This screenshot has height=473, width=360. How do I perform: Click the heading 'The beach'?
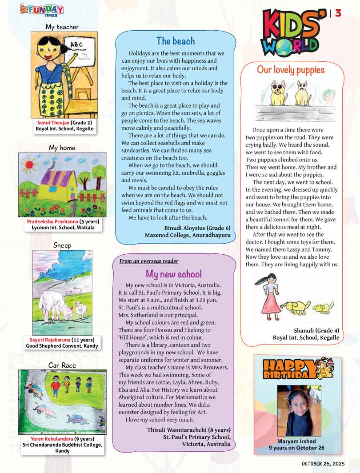pyautogui.click(x=176, y=41)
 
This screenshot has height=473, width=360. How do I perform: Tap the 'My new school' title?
pyautogui.click(x=174, y=274)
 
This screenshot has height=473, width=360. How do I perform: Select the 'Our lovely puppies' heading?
pyautogui.click(x=291, y=70)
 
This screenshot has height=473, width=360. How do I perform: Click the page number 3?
pyautogui.click(x=338, y=13)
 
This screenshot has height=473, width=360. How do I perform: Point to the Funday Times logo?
pyautogui.click(x=42, y=10)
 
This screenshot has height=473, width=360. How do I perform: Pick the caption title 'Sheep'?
pyautogui.click(x=62, y=245)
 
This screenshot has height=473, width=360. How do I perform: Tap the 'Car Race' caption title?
pyautogui.click(x=62, y=365)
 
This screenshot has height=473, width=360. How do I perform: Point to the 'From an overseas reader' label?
pyautogui.click(x=149, y=261)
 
